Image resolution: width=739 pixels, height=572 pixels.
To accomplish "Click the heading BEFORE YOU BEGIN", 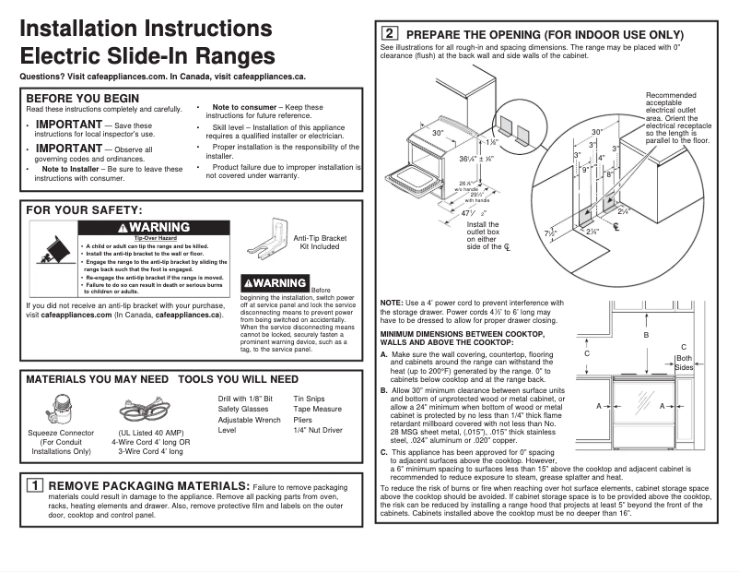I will click(x=83, y=99).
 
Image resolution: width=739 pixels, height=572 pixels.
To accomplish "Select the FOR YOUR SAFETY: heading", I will click(x=84, y=211).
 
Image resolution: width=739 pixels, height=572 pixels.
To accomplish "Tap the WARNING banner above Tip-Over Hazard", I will click(x=155, y=228).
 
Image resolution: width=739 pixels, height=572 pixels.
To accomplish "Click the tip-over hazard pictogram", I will click(x=52, y=253).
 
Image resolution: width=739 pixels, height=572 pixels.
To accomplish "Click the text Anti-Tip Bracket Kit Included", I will click(x=320, y=243).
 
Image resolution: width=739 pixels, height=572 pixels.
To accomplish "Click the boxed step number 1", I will click(x=33, y=485).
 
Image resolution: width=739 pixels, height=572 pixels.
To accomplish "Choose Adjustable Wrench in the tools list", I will click(x=249, y=420).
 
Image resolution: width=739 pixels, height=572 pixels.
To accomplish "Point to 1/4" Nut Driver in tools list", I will click(x=317, y=430).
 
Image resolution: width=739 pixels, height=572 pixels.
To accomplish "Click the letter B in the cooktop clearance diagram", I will click(x=646, y=335).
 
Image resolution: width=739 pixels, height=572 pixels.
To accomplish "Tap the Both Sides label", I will click(x=684, y=363).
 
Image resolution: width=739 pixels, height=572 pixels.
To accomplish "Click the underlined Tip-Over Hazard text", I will click(x=155, y=239).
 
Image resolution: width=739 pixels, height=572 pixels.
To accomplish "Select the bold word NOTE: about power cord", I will click(x=392, y=304).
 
